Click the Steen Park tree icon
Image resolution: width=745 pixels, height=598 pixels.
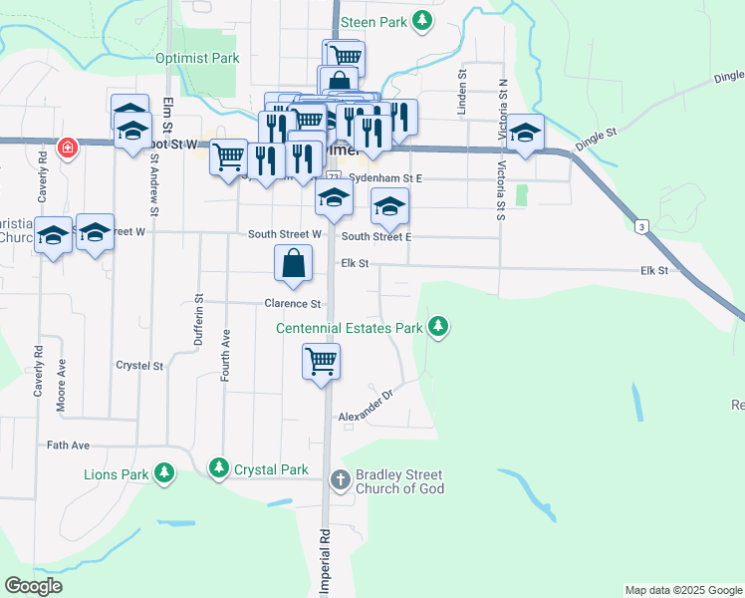click(423, 20)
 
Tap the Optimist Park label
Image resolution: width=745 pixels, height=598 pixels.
click(197, 58)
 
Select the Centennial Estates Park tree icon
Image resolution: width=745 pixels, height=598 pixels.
click(437, 326)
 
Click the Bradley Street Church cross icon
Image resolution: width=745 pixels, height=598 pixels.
click(341, 481)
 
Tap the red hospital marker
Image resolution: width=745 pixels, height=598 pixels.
click(68, 148)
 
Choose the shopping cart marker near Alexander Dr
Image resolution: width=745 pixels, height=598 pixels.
click(322, 361)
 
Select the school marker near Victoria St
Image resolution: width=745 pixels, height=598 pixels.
click(525, 133)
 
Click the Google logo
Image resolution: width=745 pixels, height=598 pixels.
click(33, 586)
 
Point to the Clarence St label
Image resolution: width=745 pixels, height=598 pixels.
click(293, 304)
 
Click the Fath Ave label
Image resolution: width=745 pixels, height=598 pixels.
click(69, 445)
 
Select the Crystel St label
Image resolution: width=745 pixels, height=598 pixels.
click(139, 366)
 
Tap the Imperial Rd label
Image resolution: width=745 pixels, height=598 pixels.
click(325, 563)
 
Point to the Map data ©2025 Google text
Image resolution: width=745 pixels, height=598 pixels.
click(682, 590)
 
